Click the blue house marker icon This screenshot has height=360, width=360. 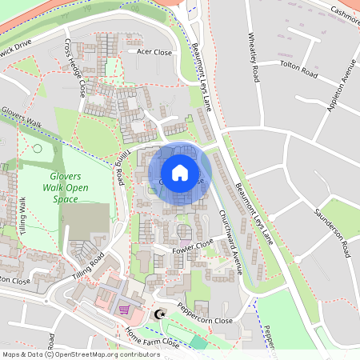point(180,172)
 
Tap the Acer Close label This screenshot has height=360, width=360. point(154,52)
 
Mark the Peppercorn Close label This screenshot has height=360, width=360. point(205,313)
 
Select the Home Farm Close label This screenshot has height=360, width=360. point(152,339)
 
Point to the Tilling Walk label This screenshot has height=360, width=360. point(23,212)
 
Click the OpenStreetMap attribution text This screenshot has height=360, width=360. point(80,354)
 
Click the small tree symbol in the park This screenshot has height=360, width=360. point(36,148)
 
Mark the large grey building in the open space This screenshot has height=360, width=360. point(85,221)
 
